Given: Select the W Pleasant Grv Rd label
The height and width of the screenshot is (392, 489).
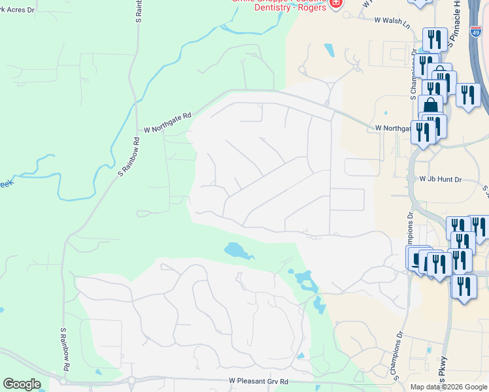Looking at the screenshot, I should point(259,381).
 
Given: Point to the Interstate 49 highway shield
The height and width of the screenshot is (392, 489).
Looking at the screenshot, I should point(476,31).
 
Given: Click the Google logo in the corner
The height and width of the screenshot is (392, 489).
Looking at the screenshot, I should point(22,384).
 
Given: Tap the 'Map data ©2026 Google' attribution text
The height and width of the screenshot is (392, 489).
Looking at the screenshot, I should point(449,387).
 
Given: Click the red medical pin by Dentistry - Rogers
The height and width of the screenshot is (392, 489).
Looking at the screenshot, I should point(335,3).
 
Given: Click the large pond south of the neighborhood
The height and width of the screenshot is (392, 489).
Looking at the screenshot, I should point(237,251).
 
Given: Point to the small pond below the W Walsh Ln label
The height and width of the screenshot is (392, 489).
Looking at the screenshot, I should point(328,50).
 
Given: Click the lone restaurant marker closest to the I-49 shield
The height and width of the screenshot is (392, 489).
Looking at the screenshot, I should point(468,94).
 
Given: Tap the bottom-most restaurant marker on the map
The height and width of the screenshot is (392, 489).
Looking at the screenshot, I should point(464,287).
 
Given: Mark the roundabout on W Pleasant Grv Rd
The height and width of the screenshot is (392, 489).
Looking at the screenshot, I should point(131,381).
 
